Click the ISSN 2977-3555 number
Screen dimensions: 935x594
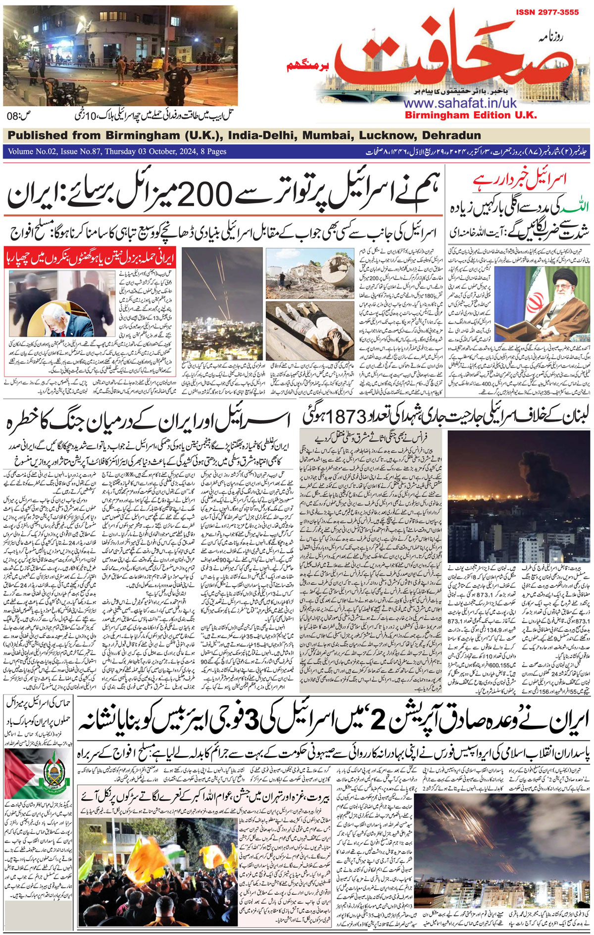547,12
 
